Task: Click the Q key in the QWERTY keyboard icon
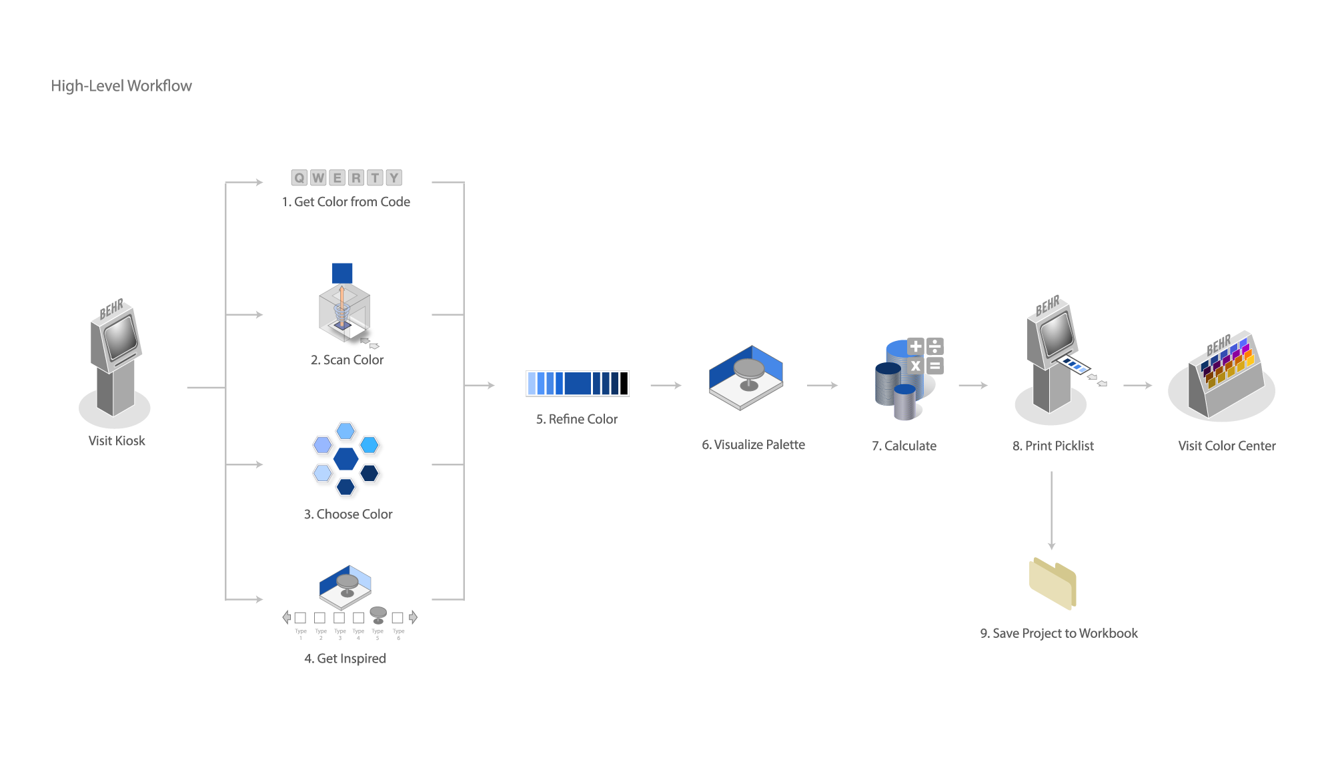299,177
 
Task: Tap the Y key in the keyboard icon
394,177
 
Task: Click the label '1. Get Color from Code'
346,202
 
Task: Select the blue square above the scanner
342,273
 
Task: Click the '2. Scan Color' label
347,360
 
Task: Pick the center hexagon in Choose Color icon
346,458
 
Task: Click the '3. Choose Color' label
348,514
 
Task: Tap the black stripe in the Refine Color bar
624,384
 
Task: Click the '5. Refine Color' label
577,419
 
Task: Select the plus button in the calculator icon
916,346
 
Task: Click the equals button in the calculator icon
935,366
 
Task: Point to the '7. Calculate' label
904,446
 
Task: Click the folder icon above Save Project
1053,583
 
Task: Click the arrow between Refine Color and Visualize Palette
666,385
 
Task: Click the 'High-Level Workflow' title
121,86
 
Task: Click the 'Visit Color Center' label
1227,446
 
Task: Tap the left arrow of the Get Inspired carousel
286,617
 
